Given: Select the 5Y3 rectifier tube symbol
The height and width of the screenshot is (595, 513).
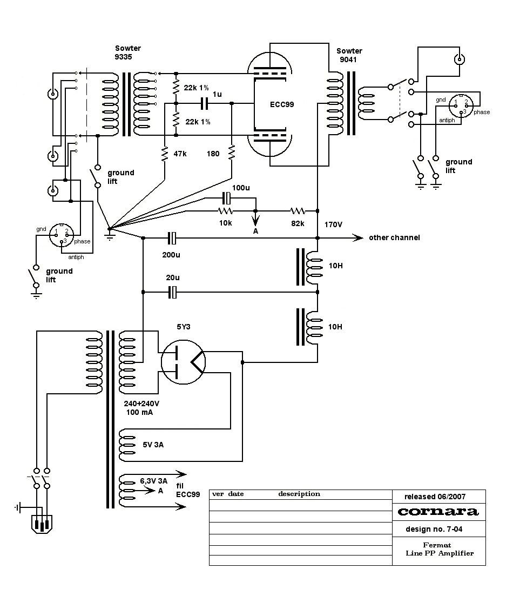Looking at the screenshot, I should tap(184, 363).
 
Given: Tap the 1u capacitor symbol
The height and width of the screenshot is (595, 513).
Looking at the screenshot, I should tap(204, 103).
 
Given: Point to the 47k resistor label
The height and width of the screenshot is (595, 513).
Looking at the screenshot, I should tap(181, 154).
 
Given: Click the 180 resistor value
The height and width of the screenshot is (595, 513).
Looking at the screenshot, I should tap(213, 154).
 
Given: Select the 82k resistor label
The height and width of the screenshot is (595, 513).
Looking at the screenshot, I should tap(297, 223).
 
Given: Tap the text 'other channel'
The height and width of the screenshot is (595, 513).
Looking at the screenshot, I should tap(394, 237).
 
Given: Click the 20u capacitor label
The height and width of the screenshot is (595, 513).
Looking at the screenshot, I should tap(172, 277).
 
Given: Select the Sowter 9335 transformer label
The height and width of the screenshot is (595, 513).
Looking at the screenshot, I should tap(127, 52).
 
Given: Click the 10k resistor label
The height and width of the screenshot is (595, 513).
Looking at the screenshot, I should tap(225, 223).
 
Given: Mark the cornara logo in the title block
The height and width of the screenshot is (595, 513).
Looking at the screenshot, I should tap(438, 511).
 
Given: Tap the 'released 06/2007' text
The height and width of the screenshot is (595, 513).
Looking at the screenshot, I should tap(435, 496).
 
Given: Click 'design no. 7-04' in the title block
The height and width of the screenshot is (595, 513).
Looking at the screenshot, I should tap(434, 529).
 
